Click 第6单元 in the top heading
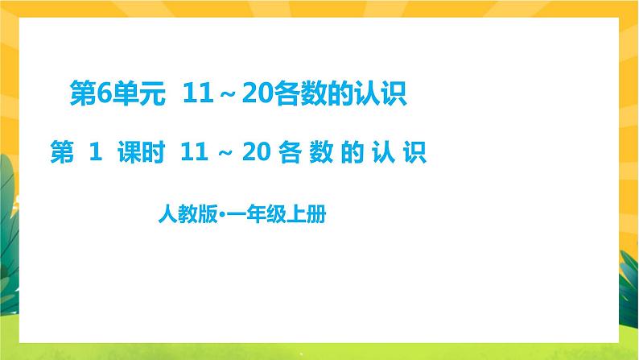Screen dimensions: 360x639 (119, 97)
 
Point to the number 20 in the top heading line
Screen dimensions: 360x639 (247, 97)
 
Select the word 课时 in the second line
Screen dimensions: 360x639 (136, 151)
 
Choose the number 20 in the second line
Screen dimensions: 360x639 (253, 151)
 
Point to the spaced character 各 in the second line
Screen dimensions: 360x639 (288, 151)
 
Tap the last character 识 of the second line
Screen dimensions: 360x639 (414, 151)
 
